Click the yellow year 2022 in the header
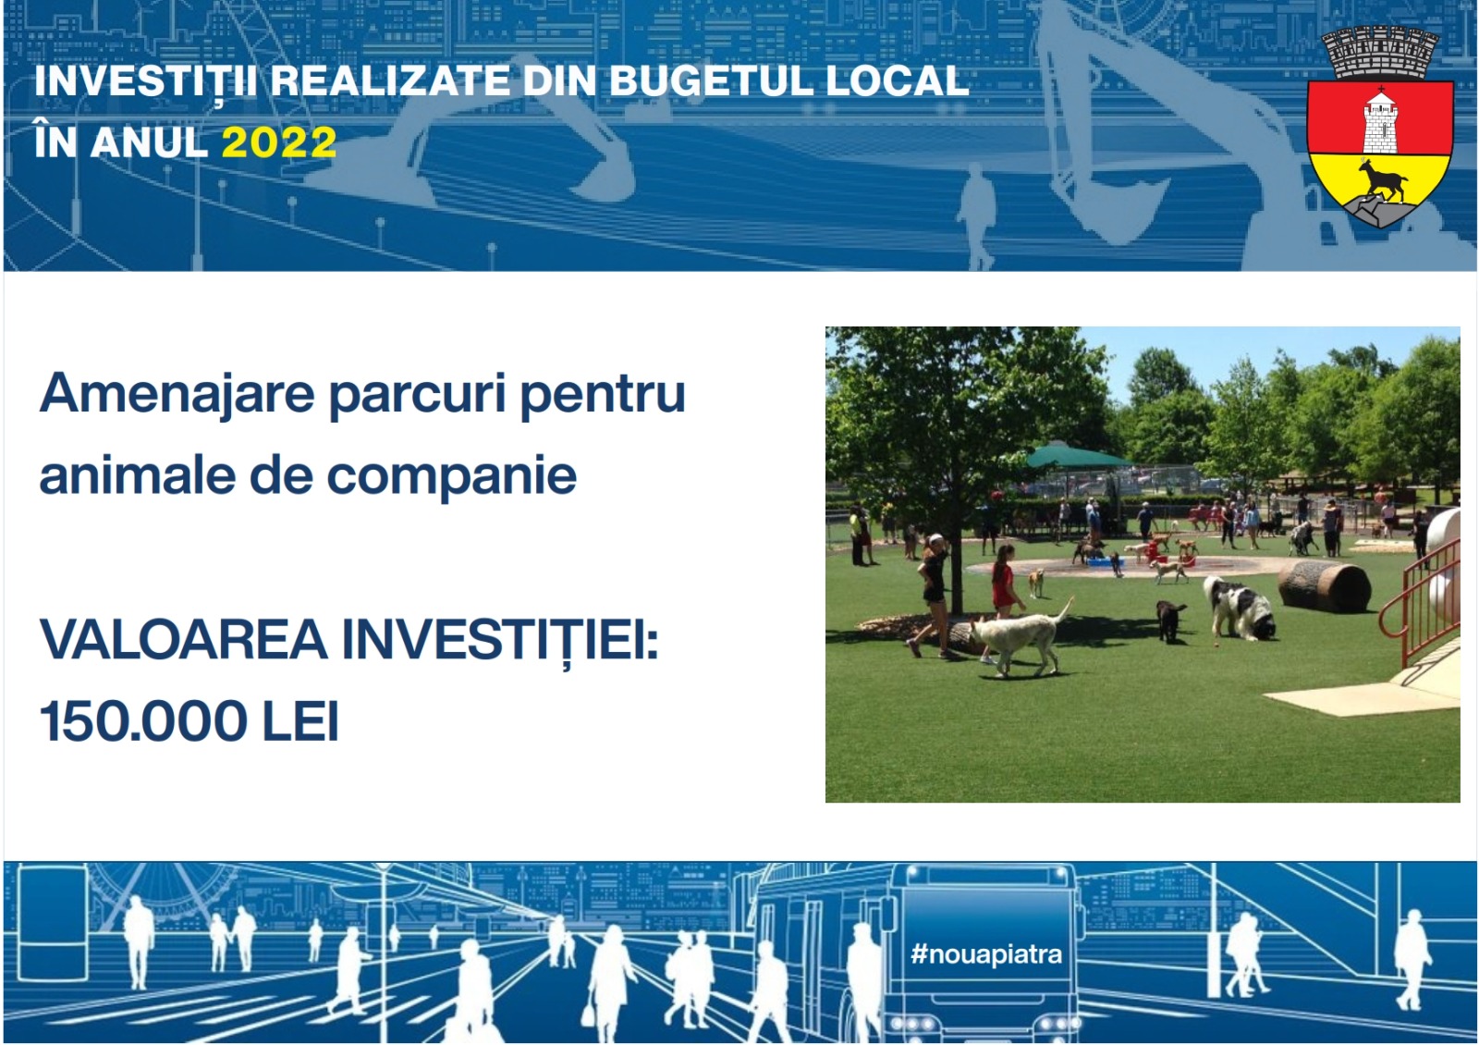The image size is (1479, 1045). point(279,142)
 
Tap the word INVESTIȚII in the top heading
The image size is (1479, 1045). point(145,82)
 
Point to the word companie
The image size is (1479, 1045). point(452,476)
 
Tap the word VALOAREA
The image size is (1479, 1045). point(184,639)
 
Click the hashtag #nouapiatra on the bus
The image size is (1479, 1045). point(985,953)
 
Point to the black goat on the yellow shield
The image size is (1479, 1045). point(1382,179)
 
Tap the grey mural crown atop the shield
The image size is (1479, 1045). point(1379,53)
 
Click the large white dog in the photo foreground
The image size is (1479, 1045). point(1019,637)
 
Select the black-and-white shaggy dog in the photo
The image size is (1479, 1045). point(1239,608)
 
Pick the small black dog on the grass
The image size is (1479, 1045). point(1170,621)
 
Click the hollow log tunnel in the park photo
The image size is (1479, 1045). point(1324,586)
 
